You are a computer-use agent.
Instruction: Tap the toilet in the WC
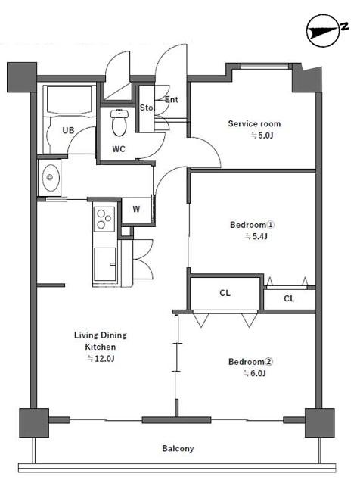119,123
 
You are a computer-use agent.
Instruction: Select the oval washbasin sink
50,178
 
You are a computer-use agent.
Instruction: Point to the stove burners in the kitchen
104,220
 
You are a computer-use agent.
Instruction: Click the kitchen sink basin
105,264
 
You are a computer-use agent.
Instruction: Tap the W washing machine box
137,210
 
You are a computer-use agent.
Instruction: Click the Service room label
254,124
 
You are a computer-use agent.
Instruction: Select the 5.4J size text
256,236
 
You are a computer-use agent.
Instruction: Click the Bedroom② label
250,362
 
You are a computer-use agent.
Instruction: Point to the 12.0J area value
101,359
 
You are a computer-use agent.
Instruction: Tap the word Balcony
178,448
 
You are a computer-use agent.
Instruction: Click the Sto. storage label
147,108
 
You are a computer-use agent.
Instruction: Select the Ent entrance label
172,99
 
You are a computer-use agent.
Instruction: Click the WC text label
119,149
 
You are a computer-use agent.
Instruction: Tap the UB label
68,130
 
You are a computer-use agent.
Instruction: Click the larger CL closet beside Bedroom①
225,293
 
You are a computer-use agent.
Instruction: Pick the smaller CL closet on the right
289,298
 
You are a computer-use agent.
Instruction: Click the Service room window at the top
265,66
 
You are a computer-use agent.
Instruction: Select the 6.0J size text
254,374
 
